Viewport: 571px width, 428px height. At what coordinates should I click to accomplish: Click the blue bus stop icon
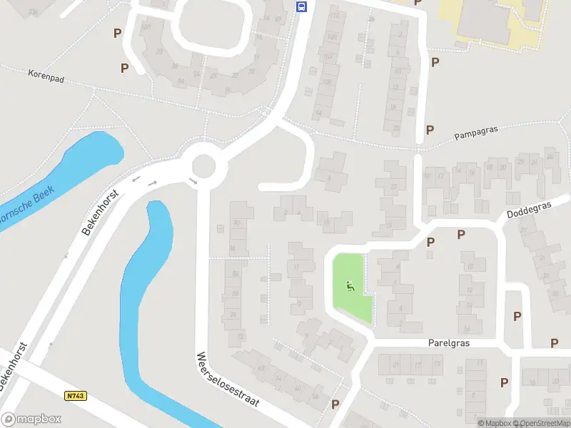click(x=302, y=7)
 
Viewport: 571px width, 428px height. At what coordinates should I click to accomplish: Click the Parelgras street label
click(x=449, y=343)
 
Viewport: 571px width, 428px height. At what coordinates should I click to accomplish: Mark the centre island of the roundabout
click(x=203, y=165)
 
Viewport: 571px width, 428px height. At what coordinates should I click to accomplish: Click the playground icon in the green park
click(x=350, y=287)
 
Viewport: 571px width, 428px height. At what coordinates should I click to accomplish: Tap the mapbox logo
click(x=31, y=419)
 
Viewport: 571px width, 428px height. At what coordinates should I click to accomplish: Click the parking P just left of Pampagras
click(x=430, y=130)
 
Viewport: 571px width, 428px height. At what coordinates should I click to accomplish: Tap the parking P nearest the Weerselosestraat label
click(x=335, y=404)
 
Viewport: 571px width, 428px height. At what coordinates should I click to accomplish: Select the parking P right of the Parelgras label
click(x=554, y=343)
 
